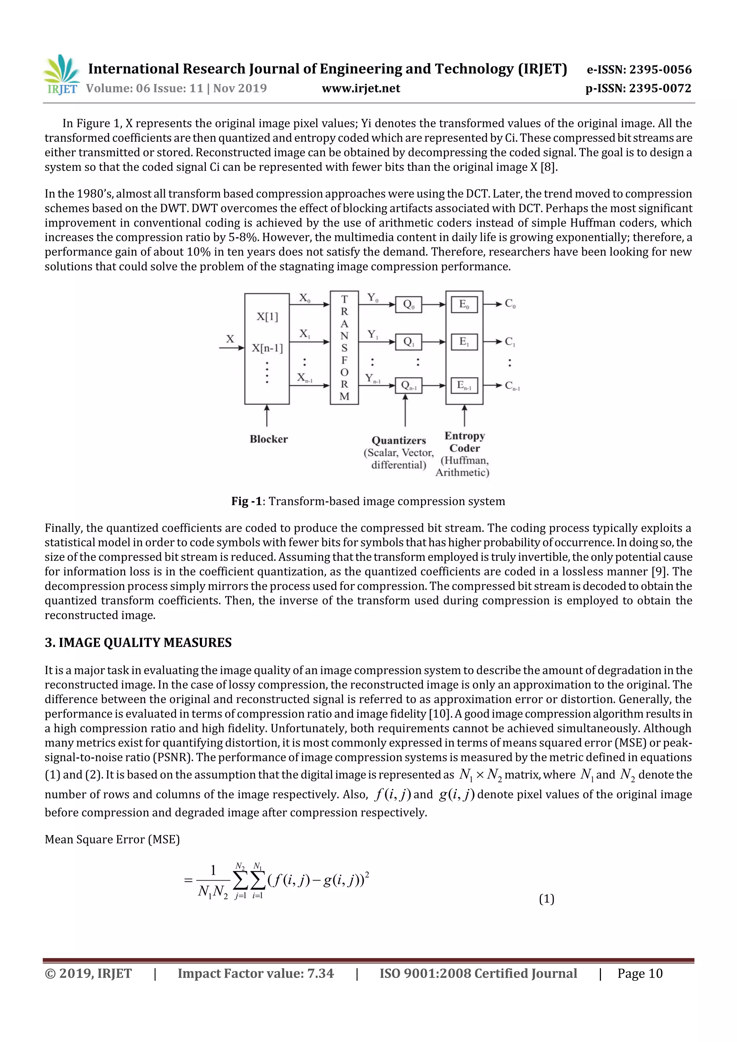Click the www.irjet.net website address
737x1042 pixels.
click(361, 88)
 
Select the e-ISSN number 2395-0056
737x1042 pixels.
click(639, 69)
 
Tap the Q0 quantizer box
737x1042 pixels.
click(409, 305)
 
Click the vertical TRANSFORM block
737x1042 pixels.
click(344, 348)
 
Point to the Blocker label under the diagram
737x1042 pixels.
click(268, 439)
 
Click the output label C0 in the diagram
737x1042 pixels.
click(510, 304)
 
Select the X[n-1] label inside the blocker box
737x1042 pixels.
click(267, 348)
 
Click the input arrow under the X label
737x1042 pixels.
click(231, 348)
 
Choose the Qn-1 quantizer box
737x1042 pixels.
click(409, 386)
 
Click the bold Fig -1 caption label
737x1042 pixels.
click(247, 501)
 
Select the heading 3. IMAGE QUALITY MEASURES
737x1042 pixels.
click(138, 643)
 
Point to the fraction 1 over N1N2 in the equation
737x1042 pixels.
click(213, 881)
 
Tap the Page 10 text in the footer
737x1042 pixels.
click(639, 973)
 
